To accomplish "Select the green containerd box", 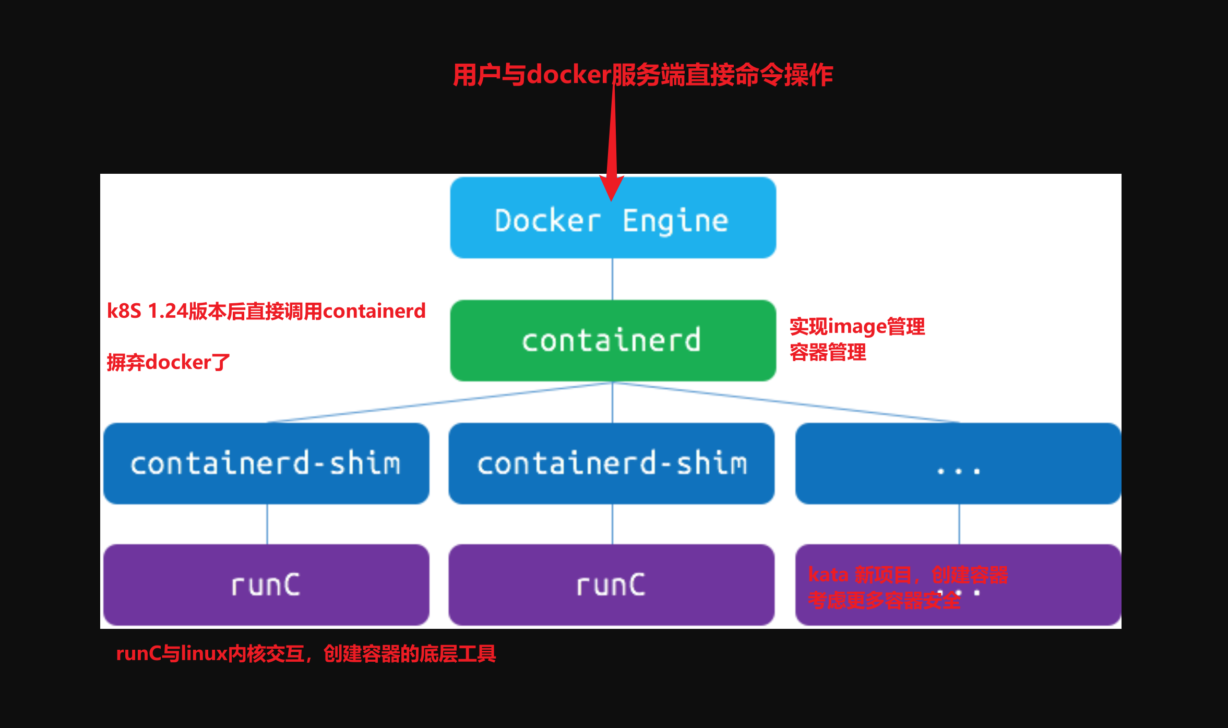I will coord(613,341).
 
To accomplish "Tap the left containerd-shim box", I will coord(266,463).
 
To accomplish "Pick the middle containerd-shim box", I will coord(612,463).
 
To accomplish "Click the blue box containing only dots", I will coord(958,463).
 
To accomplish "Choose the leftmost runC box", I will coord(266,585).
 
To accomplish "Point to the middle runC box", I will coord(612,585).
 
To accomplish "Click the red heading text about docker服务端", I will coord(642,75).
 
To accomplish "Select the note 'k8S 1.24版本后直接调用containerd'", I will coord(266,311).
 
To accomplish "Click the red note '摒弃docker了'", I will coord(168,362).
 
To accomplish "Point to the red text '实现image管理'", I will coord(857,327).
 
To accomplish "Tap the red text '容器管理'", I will coord(828,352).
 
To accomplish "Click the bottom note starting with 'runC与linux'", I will coord(306,653).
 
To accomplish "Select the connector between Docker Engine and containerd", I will coord(612,279).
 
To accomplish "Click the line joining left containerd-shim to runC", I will coord(267,524).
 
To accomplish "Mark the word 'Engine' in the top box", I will coord(675,221).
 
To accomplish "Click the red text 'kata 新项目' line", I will coord(908,575).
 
